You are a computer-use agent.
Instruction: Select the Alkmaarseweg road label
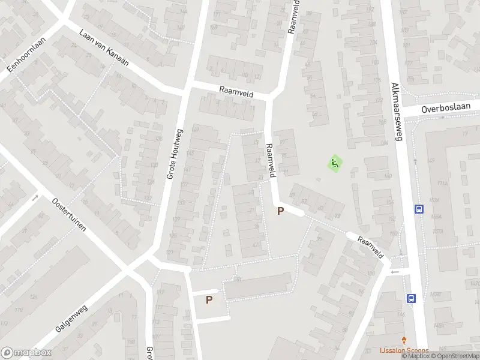[x=394, y=110]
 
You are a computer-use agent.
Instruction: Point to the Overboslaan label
[x=443, y=109]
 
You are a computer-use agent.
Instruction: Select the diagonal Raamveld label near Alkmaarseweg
[x=370, y=247]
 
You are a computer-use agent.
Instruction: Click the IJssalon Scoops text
[x=404, y=350]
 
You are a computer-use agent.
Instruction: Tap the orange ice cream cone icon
[x=404, y=340]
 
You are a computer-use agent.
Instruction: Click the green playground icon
[x=334, y=163]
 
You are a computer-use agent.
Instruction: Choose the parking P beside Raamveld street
[x=280, y=211]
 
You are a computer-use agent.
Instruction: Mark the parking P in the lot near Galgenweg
[x=209, y=299]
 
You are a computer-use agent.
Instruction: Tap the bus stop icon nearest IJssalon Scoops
[x=412, y=298]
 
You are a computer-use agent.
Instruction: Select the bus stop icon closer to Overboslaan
[x=419, y=209]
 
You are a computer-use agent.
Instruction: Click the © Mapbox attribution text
[x=416, y=356]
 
